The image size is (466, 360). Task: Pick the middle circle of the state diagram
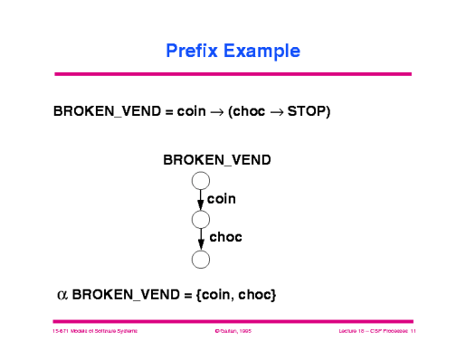[201, 220]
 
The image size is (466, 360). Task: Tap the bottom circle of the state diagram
[201, 259]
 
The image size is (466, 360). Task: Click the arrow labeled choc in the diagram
[201, 239]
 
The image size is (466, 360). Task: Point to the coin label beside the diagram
[223, 198]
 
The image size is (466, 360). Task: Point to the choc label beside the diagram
[226, 238]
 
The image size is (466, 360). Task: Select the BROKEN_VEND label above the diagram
[216, 160]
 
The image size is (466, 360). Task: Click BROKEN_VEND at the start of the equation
[107, 112]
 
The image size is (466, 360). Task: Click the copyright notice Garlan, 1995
[232, 332]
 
